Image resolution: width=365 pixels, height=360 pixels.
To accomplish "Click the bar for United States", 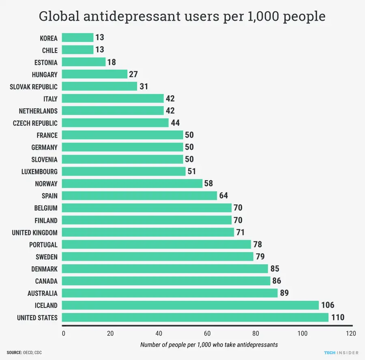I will pos(195,317).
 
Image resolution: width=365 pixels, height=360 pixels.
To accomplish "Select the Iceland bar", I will pos(190,305).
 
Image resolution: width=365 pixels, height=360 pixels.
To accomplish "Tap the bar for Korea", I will pos(77,38).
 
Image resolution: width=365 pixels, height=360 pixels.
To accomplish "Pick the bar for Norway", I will pos(132,184).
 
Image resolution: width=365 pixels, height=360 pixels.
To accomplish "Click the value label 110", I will pos(337,317).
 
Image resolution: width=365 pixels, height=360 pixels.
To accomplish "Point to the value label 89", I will pos(284,293).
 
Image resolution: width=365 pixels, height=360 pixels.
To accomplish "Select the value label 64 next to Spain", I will pos(223,196).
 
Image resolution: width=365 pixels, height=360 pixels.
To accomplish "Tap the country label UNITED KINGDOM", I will pos(34,233).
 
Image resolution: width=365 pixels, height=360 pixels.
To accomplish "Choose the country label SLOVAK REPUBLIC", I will pos(34,87).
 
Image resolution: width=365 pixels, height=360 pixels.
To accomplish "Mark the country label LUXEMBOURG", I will pos(39,172).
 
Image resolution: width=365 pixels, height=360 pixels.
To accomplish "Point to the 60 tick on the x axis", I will pos(207,334).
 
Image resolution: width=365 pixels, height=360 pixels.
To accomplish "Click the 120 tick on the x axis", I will pos(351,334).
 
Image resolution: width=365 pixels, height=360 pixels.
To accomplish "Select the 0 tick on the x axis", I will pos(63,334).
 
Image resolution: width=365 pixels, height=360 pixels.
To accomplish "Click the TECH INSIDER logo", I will pos(341,353).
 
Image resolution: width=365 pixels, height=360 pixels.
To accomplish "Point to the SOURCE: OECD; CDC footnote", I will pos(24,353).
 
